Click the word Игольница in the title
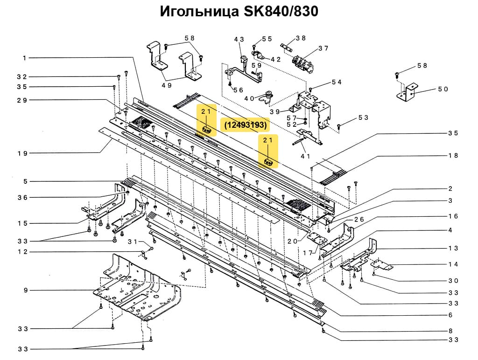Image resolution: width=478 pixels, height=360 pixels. tap(199, 11)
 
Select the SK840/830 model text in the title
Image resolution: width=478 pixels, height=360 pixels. tap(281, 11)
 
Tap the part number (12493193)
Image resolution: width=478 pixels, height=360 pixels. tap(245, 125)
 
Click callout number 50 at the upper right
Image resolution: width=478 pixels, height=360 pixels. tap(443, 89)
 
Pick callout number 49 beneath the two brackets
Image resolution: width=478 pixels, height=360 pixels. tap(167, 85)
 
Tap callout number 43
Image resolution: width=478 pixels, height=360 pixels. tap(239, 40)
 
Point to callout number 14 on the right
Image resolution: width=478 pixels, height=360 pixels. tap(453, 264)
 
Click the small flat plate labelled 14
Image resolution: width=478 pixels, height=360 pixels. tap(383, 265)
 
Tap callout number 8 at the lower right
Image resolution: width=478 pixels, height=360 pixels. tap(450, 331)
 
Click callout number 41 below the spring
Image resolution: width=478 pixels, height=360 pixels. tap(305, 156)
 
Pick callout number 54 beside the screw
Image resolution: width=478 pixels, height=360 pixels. tap(337, 82)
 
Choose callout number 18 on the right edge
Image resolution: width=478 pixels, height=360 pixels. tap(453, 155)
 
